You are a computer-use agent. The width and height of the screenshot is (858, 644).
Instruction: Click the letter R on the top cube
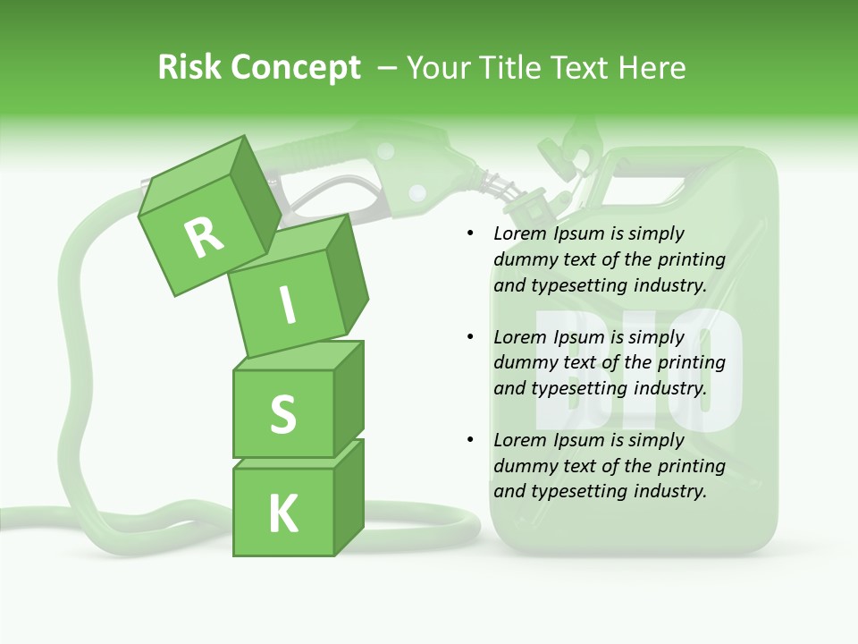coord(204,237)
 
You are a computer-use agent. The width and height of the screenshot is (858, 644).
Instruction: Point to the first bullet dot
coord(471,234)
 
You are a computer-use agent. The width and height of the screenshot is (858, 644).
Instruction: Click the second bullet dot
coord(471,338)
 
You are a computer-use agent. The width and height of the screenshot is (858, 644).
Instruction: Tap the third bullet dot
coord(471,441)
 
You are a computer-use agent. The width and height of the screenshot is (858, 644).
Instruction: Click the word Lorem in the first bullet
coord(518,234)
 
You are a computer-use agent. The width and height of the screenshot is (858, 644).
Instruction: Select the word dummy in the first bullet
coord(525,260)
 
